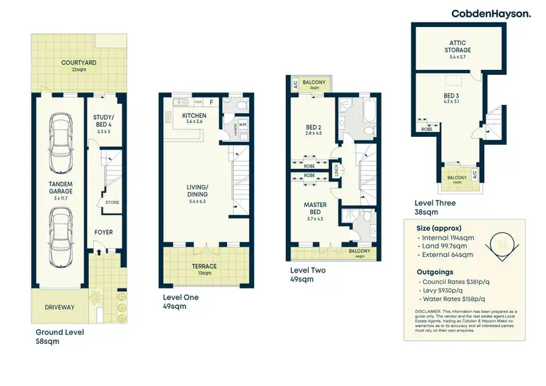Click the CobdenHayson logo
point(491,13)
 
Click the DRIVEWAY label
point(60,307)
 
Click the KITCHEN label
point(194,116)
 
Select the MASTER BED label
point(315,209)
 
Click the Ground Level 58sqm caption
point(60,336)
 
